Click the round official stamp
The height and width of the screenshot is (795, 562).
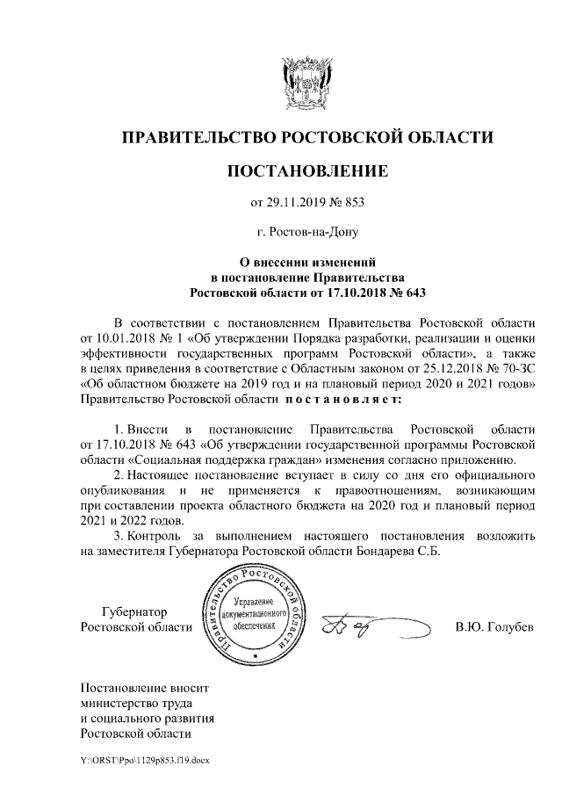256,615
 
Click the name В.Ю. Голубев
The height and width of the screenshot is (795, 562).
494,628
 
